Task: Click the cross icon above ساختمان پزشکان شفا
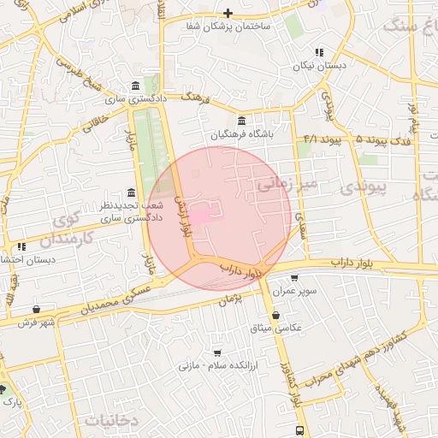pyautogui.click(x=228, y=13)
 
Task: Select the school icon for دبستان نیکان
pyautogui.click(x=319, y=52)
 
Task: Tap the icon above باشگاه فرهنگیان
pyautogui.click(x=241, y=121)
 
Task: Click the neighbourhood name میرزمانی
pyautogui.click(x=287, y=182)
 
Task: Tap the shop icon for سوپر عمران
pyautogui.click(x=295, y=278)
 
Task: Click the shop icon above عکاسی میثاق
pyautogui.click(x=275, y=315)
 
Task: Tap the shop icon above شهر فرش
pyautogui.click(x=35, y=309)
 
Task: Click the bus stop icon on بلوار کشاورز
pyautogui.click(x=299, y=429)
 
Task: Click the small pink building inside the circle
pyautogui.click(x=198, y=218)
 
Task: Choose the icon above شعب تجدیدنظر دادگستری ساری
pyautogui.click(x=130, y=192)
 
